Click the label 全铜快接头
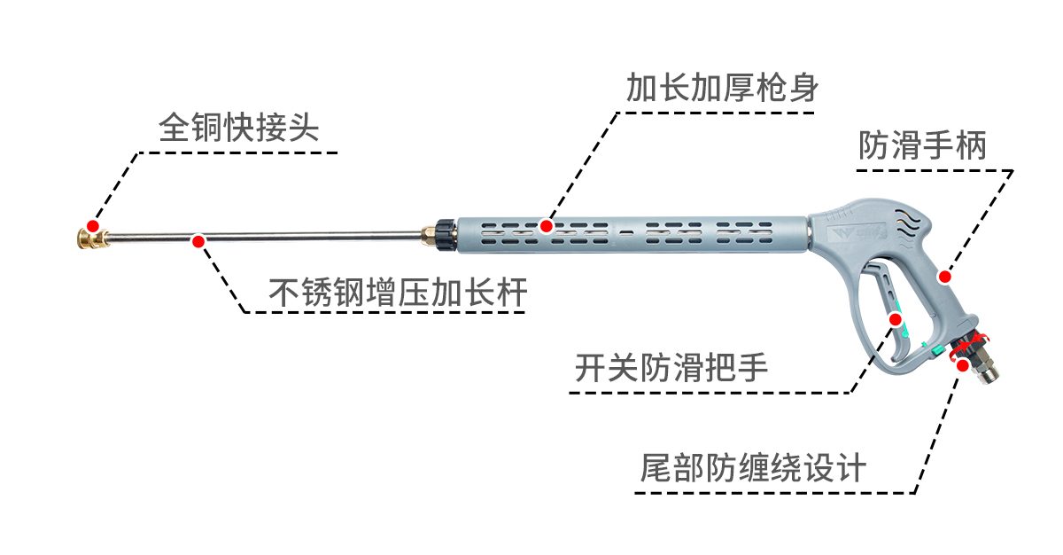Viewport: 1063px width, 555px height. pyautogui.click(x=238, y=128)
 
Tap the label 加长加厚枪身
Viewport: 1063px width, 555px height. pyautogui.click(x=722, y=88)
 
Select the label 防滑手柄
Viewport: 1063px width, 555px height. pyautogui.click(x=922, y=145)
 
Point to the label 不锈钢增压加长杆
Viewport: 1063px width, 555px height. pyautogui.click(x=398, y=292)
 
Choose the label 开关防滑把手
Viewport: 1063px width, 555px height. pyautogui.click(x=671, y=367)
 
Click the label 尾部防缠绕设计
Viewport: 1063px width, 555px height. pyautogui.click(x=753, y=467)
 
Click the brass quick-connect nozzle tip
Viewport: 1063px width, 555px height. pyautogui.click(x=92, y=238)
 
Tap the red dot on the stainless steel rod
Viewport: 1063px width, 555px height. pyautogui.click(x=198, y=241)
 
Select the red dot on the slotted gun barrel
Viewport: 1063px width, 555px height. pyautogui.click(x=547, y=226)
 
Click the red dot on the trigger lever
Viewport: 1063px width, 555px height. pyautogui.click(x=895, y=319)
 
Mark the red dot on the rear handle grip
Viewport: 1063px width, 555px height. pyautogui.click(x=945, y=277)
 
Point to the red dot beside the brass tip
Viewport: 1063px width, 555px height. pyautogui.click(x=93, y=225)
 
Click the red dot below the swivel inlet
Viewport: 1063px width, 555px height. pyautogui.click(x=963, y=365)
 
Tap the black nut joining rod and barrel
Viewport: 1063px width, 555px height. pyautogui.click(x=446, y=235)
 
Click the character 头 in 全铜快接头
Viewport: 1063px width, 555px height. pyautogui.click(x=303, y=128)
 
